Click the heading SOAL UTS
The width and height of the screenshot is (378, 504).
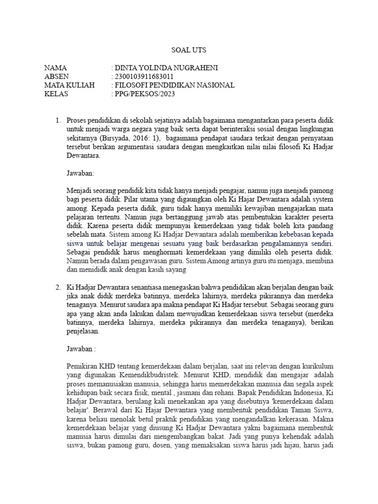[189, 50]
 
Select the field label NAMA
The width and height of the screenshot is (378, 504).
[55, 68]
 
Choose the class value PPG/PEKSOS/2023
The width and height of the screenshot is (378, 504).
[144, 94]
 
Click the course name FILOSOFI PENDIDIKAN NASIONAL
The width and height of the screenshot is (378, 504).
[175, 86]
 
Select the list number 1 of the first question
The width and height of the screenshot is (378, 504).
[58, 120]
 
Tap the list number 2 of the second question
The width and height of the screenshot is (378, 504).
[58, 287]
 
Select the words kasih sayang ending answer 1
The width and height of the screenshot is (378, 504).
[168, 270]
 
